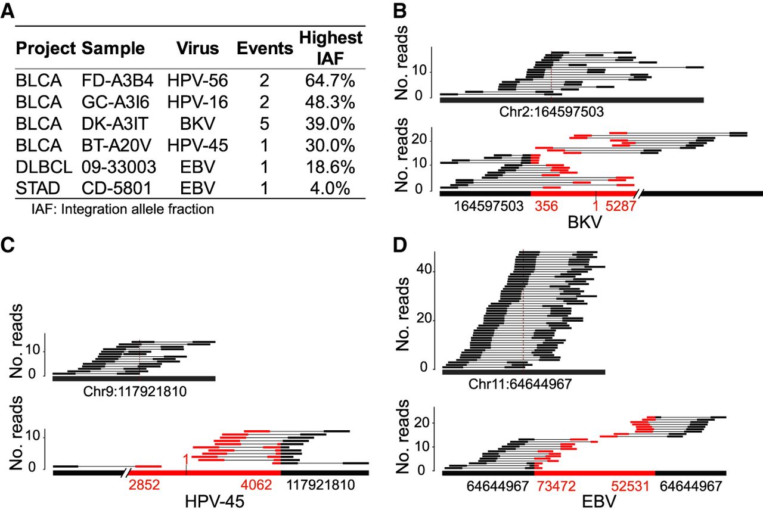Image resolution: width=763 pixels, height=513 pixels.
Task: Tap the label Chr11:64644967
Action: (525, 385)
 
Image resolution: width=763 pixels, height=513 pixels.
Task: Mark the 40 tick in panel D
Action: (423, 270)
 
